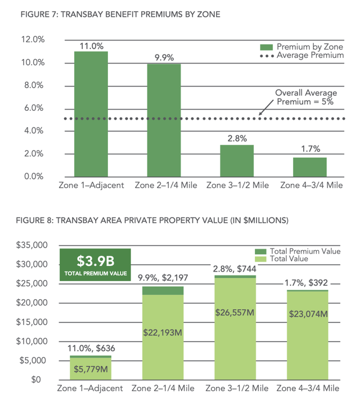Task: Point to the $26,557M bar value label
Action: pos(237,311)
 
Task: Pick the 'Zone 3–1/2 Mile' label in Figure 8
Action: pos(237,389)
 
